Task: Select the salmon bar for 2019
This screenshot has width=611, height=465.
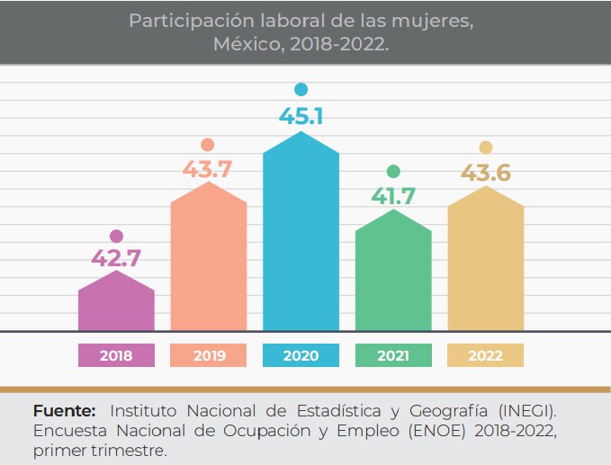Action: pos(209,261)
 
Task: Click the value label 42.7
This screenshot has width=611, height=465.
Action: pos(116,258)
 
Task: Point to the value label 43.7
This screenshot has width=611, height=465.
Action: pos(208,167)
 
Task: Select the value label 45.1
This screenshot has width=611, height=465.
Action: pos(301,116)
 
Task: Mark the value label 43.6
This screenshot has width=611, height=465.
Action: pos(485,172)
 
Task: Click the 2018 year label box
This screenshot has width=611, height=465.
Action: pos(116,356)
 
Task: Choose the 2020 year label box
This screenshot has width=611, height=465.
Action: pos(301,356)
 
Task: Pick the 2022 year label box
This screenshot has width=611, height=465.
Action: pos(485,356)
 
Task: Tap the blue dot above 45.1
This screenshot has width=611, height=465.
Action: pos(301,89)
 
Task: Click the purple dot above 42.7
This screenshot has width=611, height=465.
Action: pos(116,237)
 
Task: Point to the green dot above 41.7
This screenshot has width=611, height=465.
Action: pos(393,171)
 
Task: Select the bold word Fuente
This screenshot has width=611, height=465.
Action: pos(64,411)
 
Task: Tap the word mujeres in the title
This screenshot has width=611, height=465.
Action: pos(438,21)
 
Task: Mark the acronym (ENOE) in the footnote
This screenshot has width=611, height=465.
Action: pos(435,431)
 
